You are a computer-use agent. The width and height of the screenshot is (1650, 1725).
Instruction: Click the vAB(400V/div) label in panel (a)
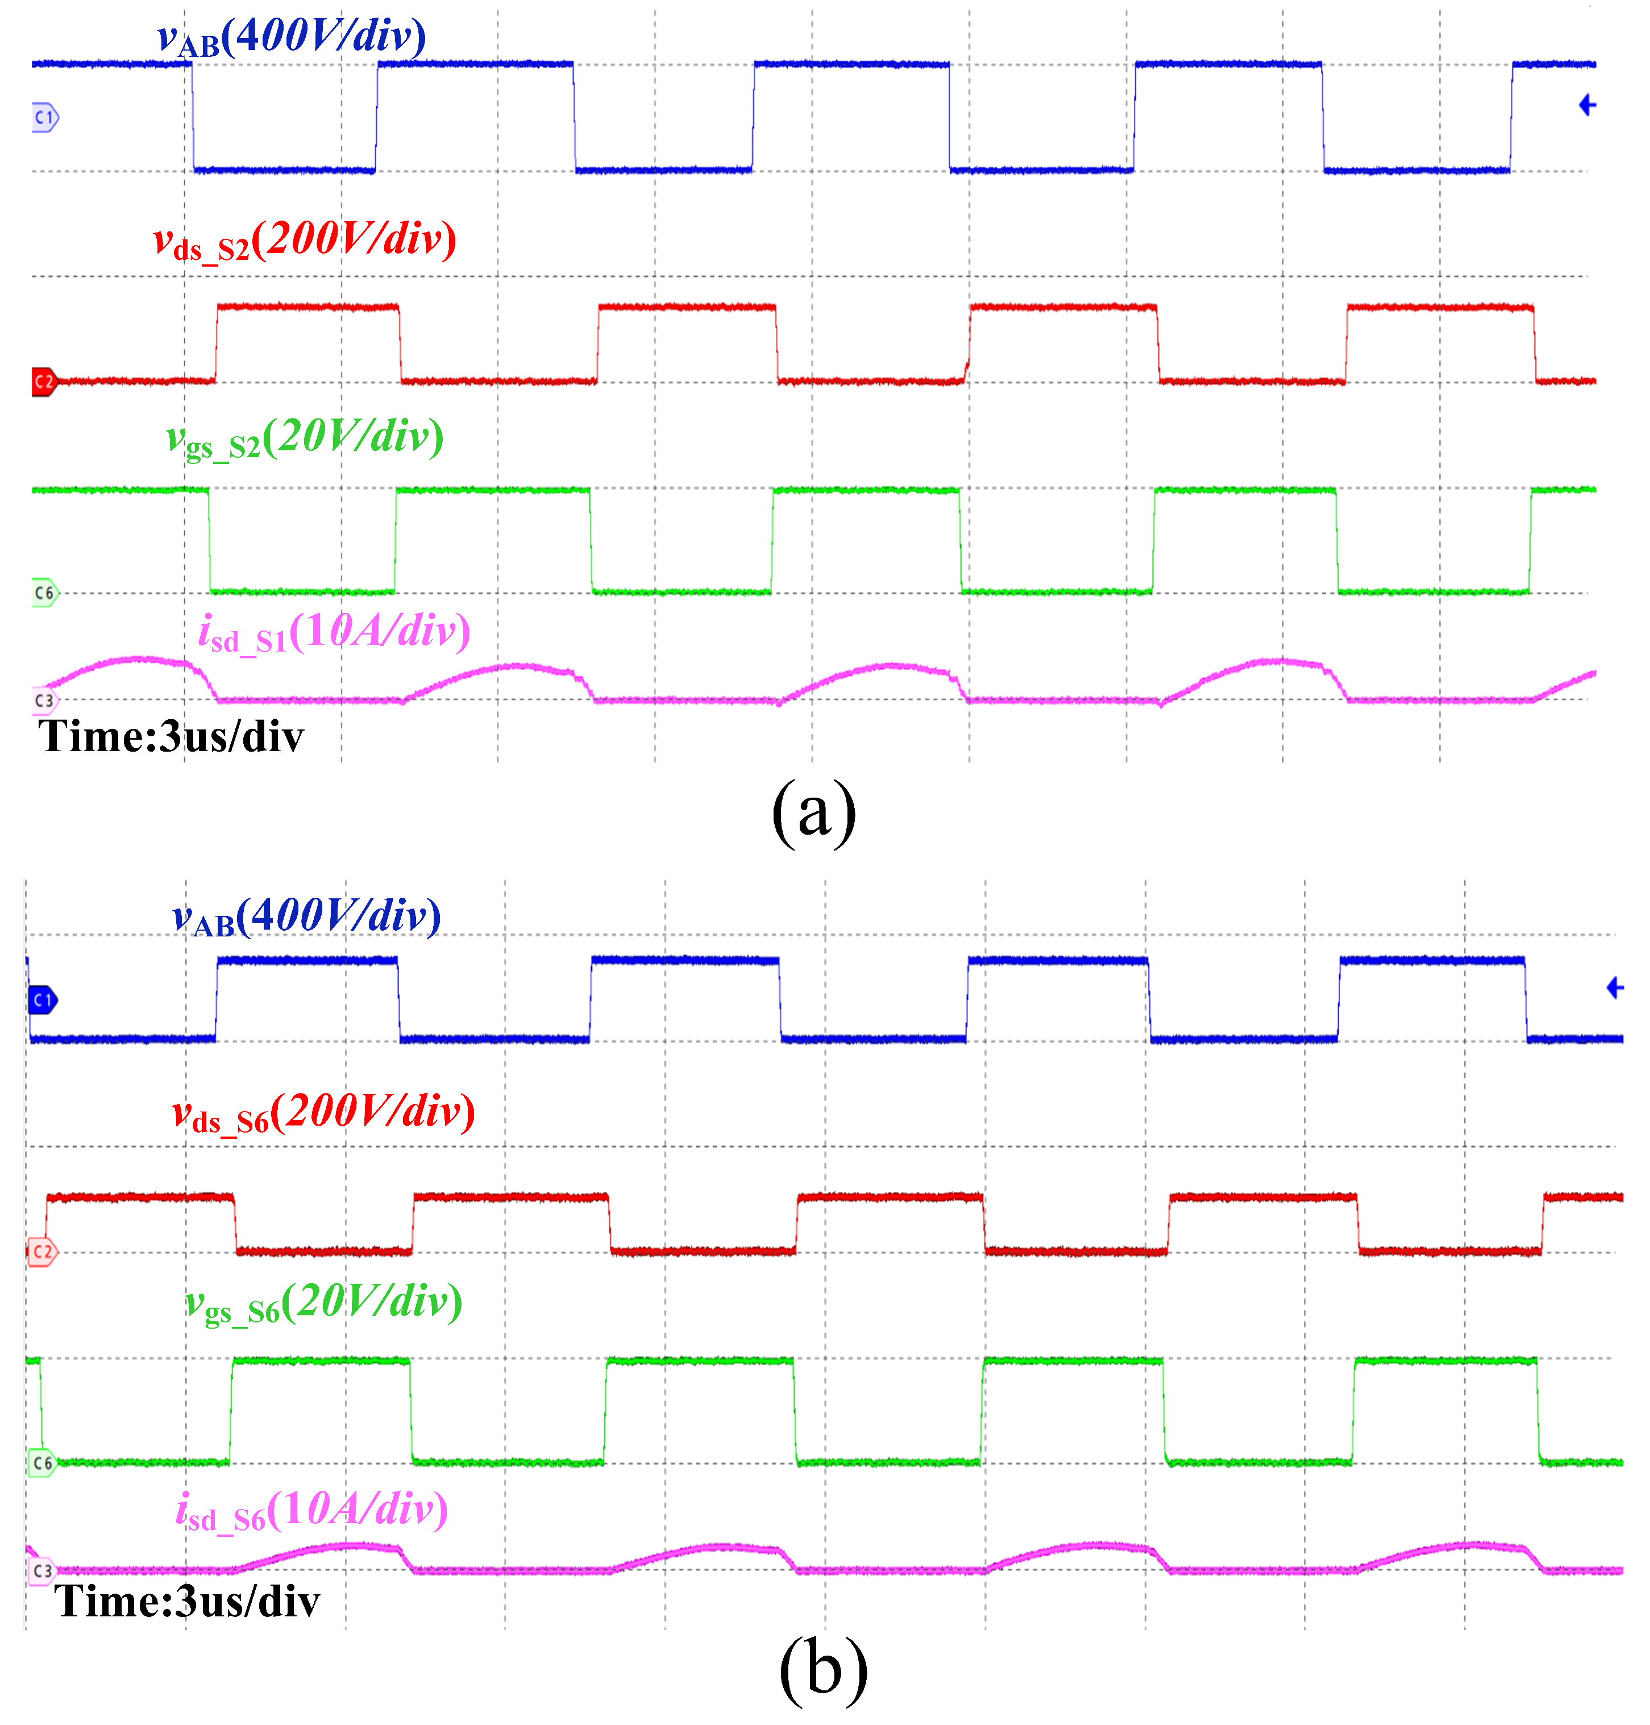[291, 37]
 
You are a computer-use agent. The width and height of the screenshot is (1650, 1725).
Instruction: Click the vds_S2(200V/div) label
[304, 239]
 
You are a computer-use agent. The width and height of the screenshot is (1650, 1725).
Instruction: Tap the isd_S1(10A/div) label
[334, 632]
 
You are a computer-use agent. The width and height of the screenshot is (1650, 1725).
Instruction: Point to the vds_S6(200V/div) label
[323, 1113]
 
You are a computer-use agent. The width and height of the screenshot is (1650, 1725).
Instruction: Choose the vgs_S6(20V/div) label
[323, 1303]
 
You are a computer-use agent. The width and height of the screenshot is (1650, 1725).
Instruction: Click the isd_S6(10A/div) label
[311, 1510]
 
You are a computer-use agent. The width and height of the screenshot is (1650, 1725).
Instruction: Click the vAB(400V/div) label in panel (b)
[306, 917]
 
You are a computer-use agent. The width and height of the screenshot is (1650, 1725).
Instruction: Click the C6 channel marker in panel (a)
[44, 593]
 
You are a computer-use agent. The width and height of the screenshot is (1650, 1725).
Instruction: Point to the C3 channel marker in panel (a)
[44, 700]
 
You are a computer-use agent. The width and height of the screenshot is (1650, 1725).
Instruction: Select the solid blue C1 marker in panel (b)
[42, 1000]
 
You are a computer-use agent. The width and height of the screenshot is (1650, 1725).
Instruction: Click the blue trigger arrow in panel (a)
[1587, 106]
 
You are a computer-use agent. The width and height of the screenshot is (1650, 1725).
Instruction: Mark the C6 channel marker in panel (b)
[42, 1463]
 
